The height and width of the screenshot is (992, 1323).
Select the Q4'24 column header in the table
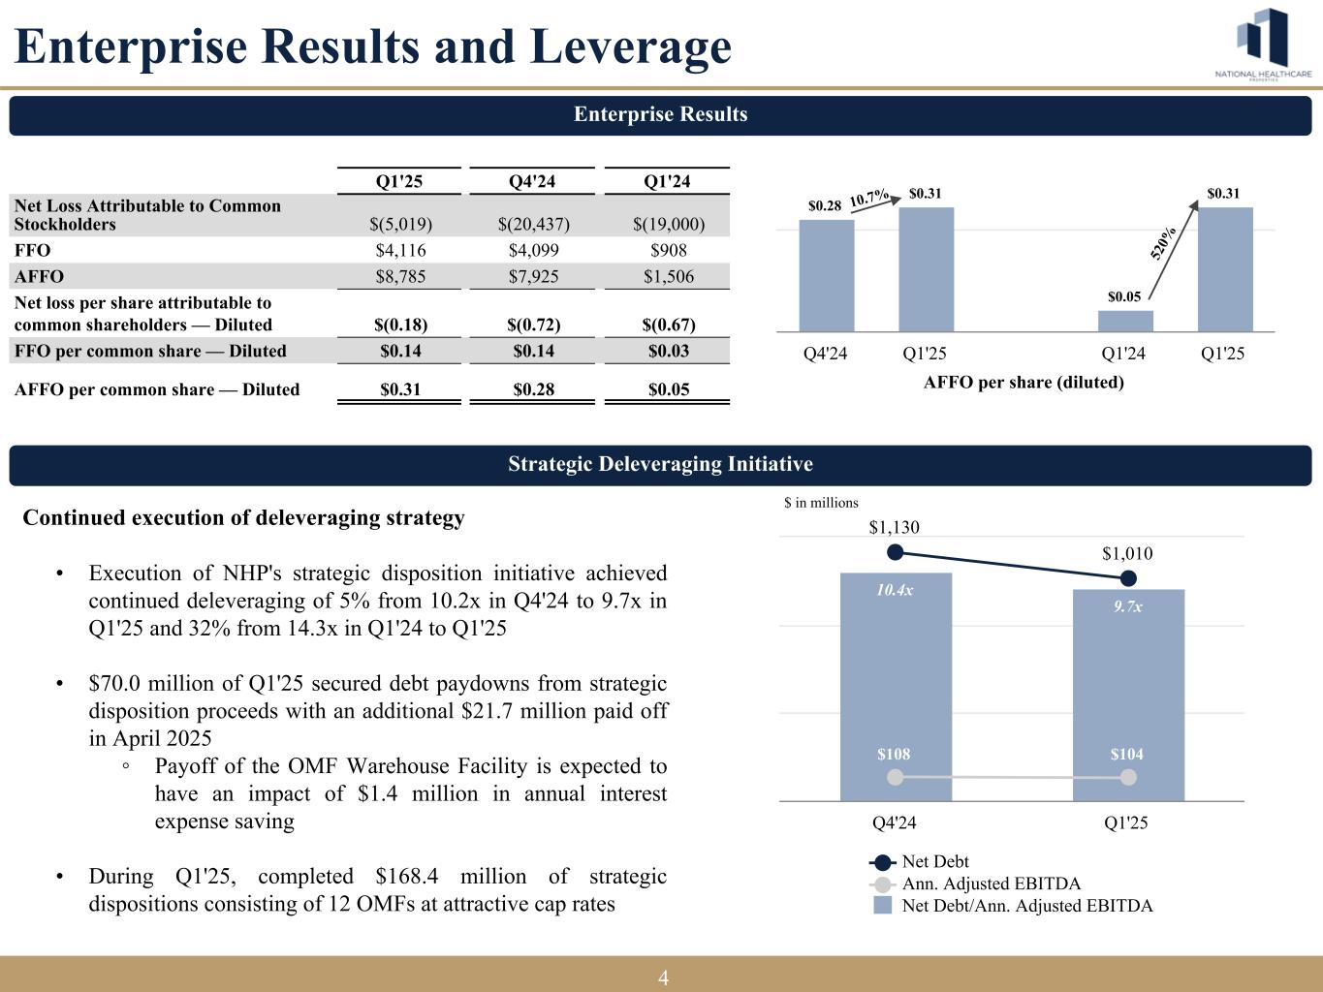[x=533, y=182]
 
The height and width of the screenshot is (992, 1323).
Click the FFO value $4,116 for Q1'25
[x=400, y=250]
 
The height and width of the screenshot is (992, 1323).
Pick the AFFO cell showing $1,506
[x=668, y=276]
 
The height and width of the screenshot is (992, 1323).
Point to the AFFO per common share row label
[x=158, y=389]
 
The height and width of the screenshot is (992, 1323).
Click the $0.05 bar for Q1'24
[x=1125, y=321]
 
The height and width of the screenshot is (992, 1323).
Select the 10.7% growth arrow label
[x=869, y=198]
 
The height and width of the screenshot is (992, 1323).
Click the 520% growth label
[x=1165, y=242]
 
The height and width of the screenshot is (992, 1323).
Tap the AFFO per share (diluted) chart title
[x=1024, y=382]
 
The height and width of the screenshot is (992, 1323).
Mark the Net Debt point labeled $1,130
[x=896, y=552]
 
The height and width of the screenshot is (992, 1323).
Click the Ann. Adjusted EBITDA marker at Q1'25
[x=1128, y=777]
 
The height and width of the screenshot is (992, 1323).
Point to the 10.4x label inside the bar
[x=895, y=589]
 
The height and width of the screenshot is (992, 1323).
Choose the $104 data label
[x=1127, y=754]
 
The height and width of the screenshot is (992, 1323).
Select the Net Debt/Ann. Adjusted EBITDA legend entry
[x=1027, y=906]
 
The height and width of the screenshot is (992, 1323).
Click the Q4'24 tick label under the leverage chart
[x=895, y=822]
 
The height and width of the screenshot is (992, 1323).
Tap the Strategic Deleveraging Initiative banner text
[x=660, y=464]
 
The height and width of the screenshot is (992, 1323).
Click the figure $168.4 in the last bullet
[x=406, y=876]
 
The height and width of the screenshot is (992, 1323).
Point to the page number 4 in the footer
[x=663, y=977]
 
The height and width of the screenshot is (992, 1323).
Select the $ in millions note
[x=821, y=502]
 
